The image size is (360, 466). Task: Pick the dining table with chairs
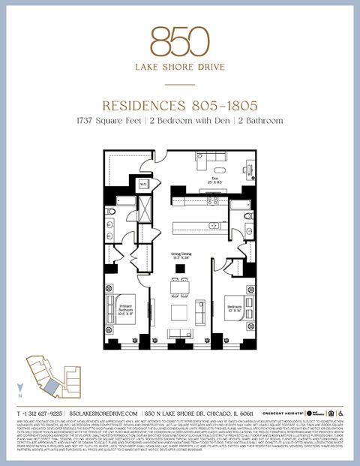click(180, 286)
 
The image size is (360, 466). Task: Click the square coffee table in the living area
click(179, 311)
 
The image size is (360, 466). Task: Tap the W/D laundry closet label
click(143, 183)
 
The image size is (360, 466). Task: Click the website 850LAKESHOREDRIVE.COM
click(103, 413)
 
